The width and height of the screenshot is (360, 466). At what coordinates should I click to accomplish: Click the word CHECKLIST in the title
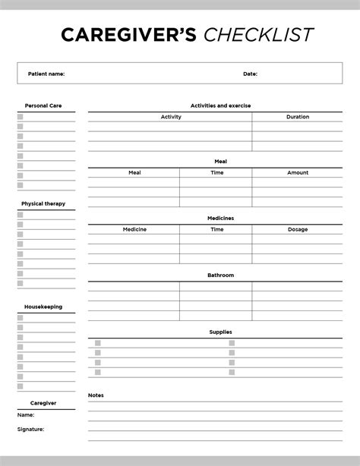pos(258,35)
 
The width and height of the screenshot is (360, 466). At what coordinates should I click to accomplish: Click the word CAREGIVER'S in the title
pos(128,35)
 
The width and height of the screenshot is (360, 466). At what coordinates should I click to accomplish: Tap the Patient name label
pos(46,74)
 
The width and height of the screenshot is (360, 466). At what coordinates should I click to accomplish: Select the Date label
pos(250,74)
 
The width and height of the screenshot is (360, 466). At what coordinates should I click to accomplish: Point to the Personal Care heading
pos(43,105)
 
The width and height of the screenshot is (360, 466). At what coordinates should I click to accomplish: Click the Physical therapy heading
pos(43,203)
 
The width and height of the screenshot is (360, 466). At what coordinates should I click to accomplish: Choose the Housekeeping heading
pos(43,307)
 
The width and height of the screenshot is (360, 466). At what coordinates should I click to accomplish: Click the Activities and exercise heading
pos(220,105)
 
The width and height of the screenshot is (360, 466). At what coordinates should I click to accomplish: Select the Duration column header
pos(298,117)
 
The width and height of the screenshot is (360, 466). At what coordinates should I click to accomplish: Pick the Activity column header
pos(171,117)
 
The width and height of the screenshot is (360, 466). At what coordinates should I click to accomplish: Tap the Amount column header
pos(298,172)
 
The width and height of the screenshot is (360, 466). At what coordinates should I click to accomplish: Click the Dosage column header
pos(298,229)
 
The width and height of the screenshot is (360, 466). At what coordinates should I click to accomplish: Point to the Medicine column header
pos(134,229)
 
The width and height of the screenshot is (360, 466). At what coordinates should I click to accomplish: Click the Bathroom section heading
pos(220,275)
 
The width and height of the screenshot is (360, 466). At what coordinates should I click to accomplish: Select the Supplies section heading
pos(220,332)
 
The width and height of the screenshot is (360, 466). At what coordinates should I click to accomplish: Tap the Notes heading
pos(96,395)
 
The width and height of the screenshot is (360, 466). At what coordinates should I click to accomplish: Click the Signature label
pos(30,429)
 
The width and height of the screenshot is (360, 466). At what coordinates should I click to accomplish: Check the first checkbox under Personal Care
pos(21,117)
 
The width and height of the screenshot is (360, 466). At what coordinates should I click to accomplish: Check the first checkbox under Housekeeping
pos(21,318)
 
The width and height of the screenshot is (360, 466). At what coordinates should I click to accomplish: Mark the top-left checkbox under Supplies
pos(98,343)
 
